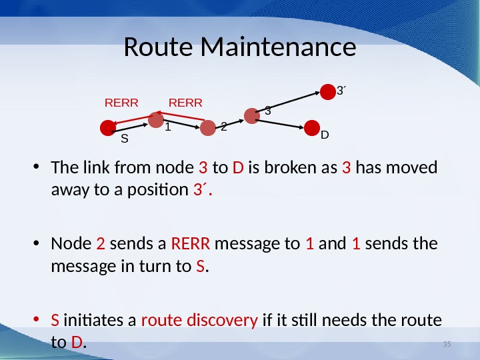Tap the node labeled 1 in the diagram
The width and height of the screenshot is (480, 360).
point(155,120)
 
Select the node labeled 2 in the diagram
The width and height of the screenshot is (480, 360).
point(209,127)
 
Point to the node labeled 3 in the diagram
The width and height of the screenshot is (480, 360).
point(251,116)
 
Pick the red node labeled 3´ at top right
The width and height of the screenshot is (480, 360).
point(327,91)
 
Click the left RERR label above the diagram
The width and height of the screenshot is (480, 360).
point(121,103)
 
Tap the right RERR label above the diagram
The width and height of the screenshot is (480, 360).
point(185,103)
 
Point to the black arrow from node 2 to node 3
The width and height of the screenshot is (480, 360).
point(230,122)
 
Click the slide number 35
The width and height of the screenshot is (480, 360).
point(447,343)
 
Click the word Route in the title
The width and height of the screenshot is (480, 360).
point(159,48)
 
